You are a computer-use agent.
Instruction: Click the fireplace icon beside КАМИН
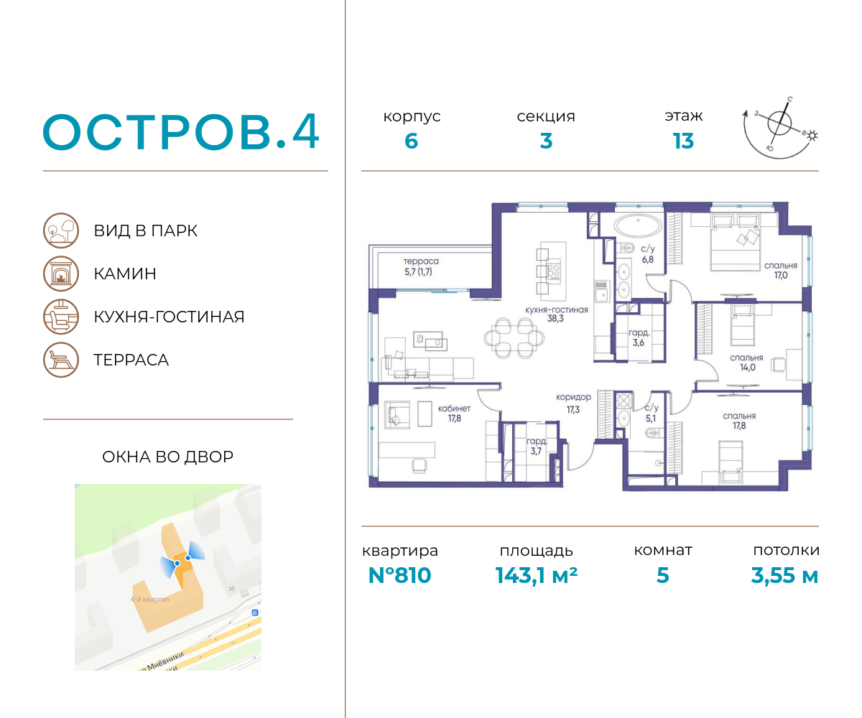(60, 274)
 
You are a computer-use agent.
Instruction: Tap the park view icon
(60, 230)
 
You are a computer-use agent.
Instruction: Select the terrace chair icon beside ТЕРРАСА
(60, 360)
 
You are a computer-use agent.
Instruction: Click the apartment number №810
(399, 575)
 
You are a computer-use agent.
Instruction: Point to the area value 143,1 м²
(537, 575)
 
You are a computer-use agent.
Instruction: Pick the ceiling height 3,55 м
(784, 576)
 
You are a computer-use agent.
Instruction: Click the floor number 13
(683, 141)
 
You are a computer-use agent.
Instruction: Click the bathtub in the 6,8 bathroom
(638, 225)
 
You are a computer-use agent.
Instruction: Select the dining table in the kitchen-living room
(514, 338)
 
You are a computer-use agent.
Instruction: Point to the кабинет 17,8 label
(454, 413)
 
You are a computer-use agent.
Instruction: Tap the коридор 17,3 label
(573, 403)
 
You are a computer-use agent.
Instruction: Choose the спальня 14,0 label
(746, 363)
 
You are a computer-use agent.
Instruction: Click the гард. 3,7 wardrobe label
(537, 446)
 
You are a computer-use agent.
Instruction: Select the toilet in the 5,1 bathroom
(652, 433)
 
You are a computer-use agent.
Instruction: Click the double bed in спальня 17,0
(736, 242)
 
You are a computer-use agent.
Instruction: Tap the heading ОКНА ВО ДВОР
(167, 457)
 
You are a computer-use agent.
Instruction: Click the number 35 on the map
(231, 589)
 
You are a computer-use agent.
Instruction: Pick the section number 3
(546, 141)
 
